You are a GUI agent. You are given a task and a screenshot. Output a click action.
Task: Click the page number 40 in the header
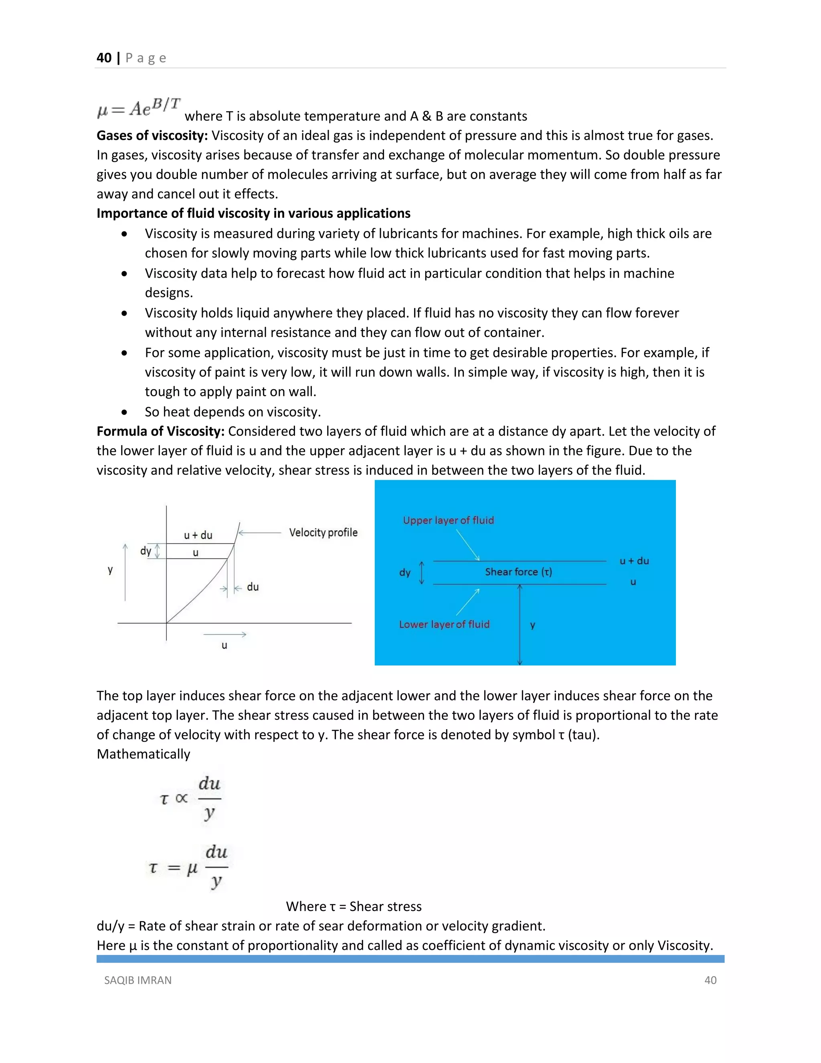(x=104, y=58)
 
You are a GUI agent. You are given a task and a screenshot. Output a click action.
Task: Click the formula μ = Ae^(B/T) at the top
(x=139, y=108)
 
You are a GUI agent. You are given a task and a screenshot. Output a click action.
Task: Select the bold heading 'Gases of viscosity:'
(x=152, y=135)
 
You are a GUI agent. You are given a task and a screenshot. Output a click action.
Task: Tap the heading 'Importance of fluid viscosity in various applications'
(x=253, y=213)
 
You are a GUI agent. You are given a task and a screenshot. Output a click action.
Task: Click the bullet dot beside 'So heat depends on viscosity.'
(x=125, y=412)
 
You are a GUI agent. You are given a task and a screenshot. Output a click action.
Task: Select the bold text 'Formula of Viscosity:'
(x=160, y=431)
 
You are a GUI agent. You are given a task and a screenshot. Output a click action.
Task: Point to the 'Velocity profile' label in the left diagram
(x=323, y=532)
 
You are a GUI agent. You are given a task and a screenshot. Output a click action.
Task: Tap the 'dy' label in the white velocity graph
(x=146, y=551)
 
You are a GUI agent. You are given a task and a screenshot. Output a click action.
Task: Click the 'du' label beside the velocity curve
(x=253, y=587)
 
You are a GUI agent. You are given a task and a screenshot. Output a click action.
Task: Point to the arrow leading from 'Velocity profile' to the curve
(x=260, y=532)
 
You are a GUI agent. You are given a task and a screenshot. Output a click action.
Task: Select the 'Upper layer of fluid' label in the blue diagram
(x=448, y=520)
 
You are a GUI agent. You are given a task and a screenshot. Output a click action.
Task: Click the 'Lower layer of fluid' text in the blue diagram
(x=444, y=625)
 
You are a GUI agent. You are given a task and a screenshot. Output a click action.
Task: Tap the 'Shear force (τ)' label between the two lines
(x=518, y=572)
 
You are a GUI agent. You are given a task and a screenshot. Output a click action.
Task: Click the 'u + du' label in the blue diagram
(x=634, y=561)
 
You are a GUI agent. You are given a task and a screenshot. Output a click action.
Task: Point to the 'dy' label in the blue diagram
(x=404, y=572)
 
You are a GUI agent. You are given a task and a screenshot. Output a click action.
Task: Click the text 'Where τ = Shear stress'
(x=354, y=906)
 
